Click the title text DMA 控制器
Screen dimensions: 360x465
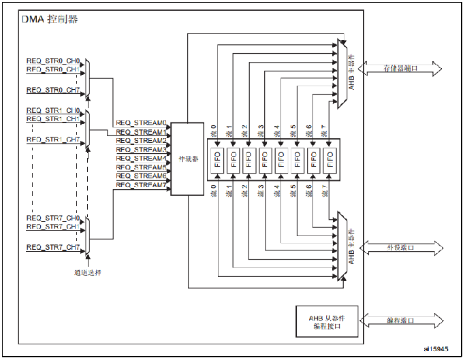(50, 19)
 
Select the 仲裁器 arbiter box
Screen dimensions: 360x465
(187, 159)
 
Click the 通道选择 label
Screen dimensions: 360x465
(88, 273)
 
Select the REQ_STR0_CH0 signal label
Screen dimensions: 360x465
(53, 61)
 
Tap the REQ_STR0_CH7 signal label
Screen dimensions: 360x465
(53, 90)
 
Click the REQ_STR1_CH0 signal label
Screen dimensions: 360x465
(53, 110)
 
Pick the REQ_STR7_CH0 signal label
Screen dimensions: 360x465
(53, 218)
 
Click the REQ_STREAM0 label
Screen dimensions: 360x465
(141, 123)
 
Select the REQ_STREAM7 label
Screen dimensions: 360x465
(141, 185)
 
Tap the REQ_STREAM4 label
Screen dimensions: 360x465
(141, 159)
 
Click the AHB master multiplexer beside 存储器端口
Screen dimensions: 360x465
(341, 73)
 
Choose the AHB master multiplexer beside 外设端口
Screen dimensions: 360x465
(341, 247)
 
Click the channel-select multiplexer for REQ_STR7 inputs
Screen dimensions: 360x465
(89, 235)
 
